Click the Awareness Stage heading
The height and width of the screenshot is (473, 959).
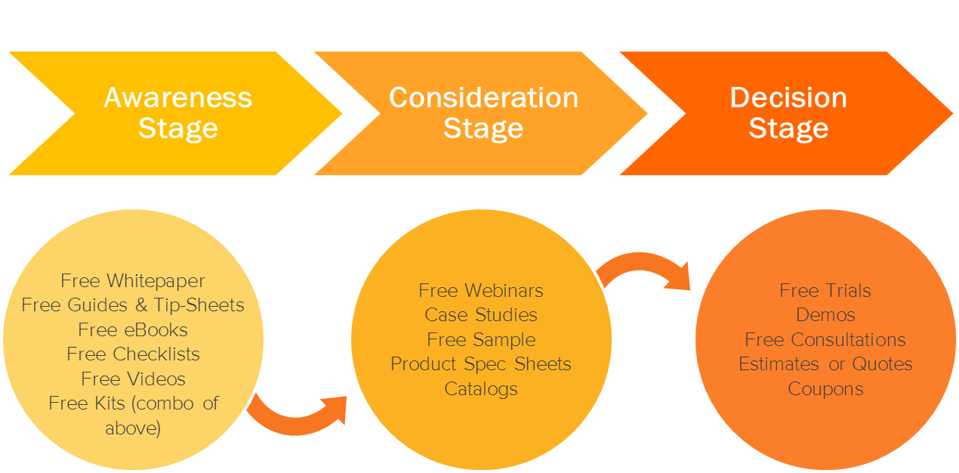click(x=178, y=113)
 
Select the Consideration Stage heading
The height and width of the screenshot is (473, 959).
click(x=483, y=113)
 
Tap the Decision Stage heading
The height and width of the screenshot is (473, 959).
click(x=788, y=113)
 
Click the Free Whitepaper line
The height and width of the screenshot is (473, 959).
click(x=133, y=281)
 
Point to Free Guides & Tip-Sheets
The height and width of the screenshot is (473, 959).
click(x=133, y=305)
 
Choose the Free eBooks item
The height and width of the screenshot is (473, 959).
click(x=133, y=330)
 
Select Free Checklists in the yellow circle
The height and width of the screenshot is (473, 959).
click(x=133, y=354)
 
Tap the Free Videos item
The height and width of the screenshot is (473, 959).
click(x=133, y=379)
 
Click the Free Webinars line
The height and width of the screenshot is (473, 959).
click(x=481, y=290)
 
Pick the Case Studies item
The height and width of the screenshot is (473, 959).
click(x=481, y=314)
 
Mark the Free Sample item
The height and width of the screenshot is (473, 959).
click(x=481, y=339)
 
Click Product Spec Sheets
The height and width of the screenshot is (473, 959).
click(x=481, y=364)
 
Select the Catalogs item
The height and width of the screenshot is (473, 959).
click(x=481, y=389)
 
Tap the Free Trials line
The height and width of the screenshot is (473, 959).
click(x=825, y=290)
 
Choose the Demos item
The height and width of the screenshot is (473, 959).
click(x=825, y=314)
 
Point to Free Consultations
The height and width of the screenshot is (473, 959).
click(x=825, y=339)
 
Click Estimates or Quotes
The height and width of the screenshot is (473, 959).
click(x=825, y=364)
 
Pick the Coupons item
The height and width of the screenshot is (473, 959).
click(x=825, y=389)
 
